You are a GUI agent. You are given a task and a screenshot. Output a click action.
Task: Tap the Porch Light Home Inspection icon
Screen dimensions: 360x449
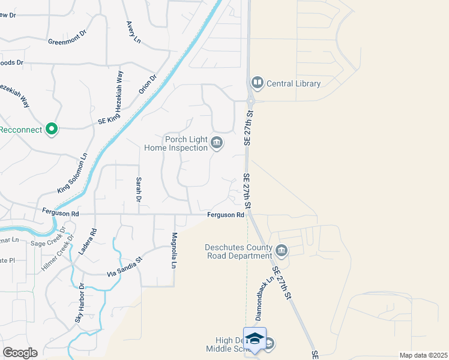click(x=217, y=143)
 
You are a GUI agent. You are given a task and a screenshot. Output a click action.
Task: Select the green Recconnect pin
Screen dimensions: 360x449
click(x=52, y=128)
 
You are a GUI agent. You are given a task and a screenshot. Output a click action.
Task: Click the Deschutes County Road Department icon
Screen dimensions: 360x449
click(x=282, y=250)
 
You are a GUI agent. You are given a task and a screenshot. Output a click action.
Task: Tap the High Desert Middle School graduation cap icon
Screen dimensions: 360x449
click(x=255, y=338)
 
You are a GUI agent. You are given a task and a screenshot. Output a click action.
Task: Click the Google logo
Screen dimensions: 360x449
click(x=20, y=353)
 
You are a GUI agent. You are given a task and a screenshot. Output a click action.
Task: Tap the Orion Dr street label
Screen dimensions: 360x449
click(x=148, y=83)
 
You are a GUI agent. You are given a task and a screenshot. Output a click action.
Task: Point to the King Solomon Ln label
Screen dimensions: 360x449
click(x=73, y=173)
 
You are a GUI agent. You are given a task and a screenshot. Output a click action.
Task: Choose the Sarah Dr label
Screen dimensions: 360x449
click(x=139, y=189)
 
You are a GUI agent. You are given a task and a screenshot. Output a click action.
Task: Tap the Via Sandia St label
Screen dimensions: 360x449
click(x=124, y=266)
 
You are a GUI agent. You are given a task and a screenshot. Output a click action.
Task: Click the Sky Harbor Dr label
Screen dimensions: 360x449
click(x=79, y=304)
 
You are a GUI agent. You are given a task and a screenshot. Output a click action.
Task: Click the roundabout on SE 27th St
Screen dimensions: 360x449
click(x=251, y=101)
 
